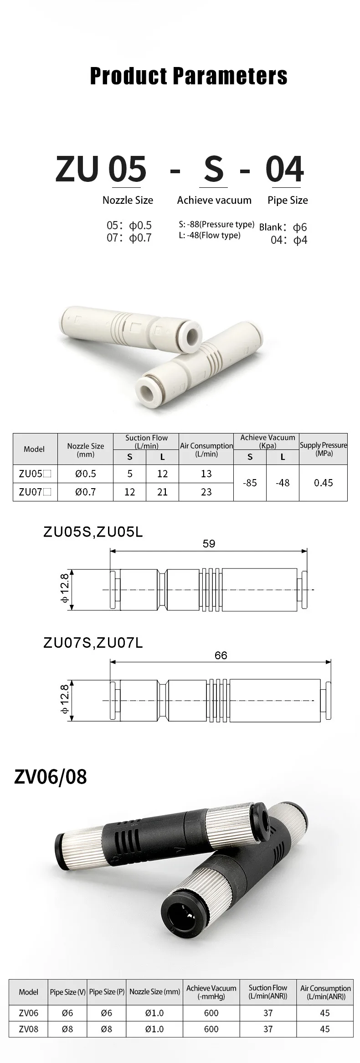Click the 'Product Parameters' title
[189, 76]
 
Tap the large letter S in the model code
[214, 169]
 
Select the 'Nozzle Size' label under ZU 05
[128, 200]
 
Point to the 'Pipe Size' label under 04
[288, 200]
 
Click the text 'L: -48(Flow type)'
[210, 235]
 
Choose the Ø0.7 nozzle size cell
[86, 491]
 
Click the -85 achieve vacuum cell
[250, 483]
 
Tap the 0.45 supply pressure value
[324, 483]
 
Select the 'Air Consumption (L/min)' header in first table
[206, 449]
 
